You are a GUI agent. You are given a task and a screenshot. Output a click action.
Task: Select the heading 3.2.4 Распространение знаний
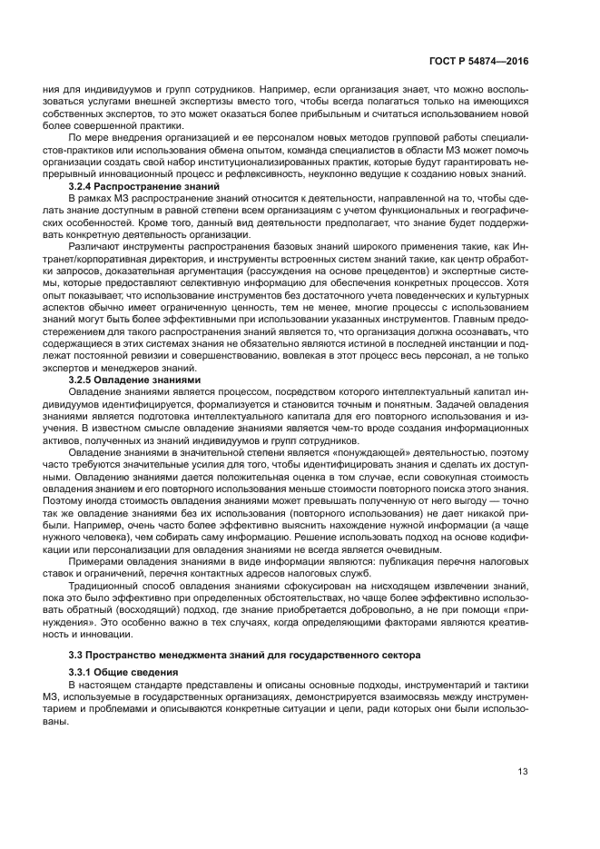133,185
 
